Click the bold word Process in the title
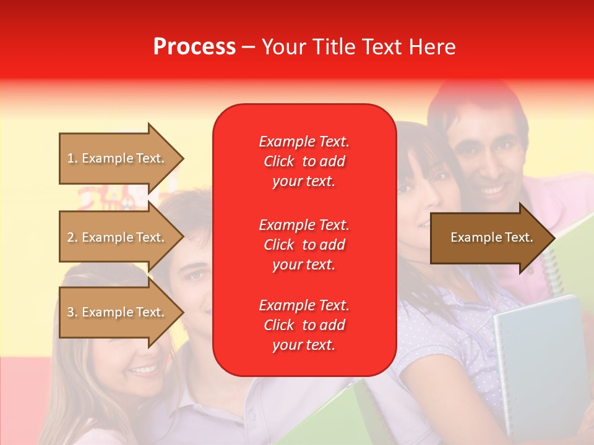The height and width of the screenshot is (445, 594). [194, 47]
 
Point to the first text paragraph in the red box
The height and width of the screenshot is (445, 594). [304, 161]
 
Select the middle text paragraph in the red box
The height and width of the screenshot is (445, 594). [304, 245]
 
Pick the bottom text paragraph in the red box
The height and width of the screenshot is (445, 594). [304, 325]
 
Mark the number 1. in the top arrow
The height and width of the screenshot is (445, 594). [72, 158]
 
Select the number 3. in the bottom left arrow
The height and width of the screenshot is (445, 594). [72, 312]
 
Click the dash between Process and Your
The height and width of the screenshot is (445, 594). [249, 47]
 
